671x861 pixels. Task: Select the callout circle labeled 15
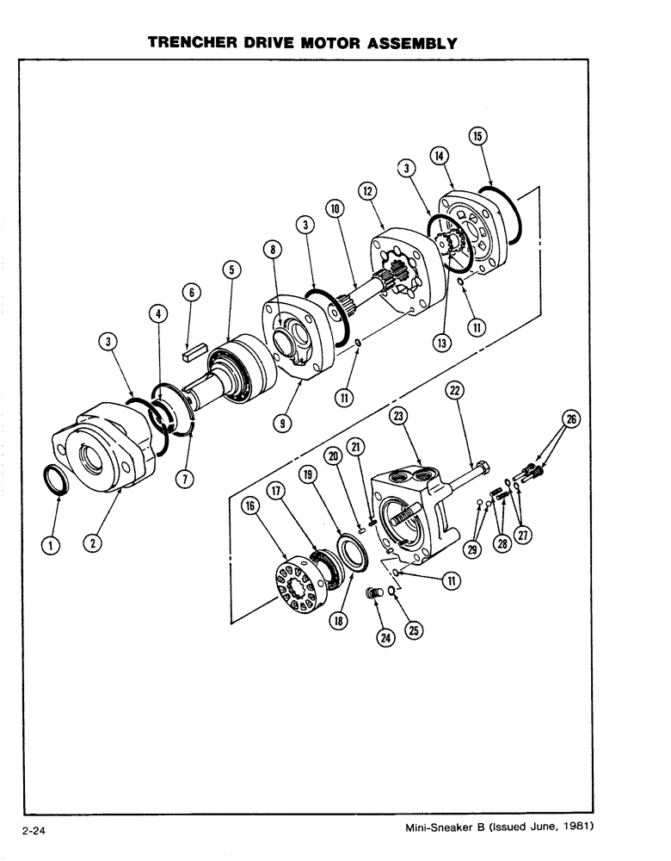477,135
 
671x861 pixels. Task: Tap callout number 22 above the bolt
454,392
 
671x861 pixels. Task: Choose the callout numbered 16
249,507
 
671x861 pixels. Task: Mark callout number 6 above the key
193,293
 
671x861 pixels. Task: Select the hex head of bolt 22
482,470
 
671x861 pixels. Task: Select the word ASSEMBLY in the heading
405,42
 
